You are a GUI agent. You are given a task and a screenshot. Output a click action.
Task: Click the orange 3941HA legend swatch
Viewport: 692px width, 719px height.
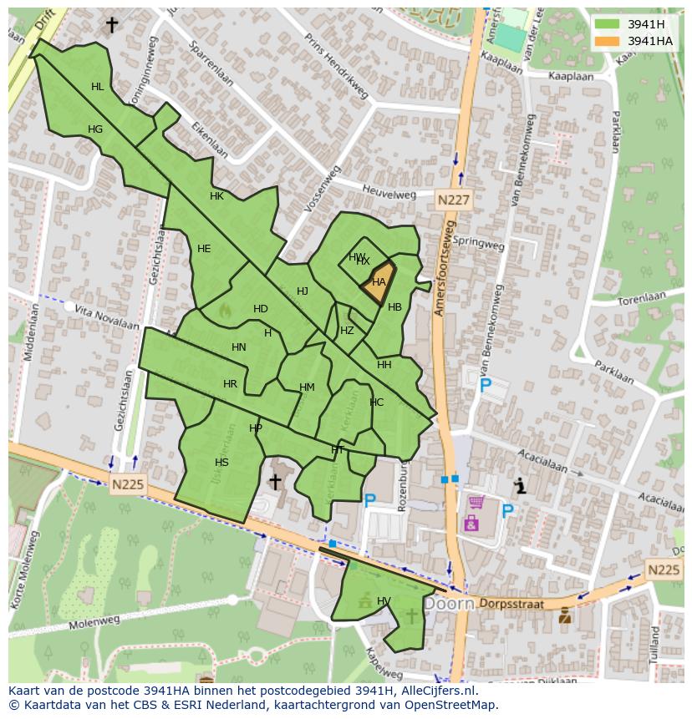608,41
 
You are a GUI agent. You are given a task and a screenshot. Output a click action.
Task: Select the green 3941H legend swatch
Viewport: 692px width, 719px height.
608,23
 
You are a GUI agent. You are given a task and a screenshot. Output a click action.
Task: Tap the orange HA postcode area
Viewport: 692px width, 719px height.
379,282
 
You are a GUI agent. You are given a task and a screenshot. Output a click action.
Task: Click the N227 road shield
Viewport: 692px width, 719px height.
454,200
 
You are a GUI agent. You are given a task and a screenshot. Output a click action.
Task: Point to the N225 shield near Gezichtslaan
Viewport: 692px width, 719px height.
128,483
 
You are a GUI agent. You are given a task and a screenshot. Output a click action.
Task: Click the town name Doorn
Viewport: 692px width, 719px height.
449,603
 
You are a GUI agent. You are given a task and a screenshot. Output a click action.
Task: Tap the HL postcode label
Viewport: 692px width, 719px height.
98,87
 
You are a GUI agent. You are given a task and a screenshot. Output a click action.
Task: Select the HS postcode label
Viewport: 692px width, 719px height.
221,463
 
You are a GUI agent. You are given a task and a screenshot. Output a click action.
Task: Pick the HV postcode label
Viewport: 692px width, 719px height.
384,601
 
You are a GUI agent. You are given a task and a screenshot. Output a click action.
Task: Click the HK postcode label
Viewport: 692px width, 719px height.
216,197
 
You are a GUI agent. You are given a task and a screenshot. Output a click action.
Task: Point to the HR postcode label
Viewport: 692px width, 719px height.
230,384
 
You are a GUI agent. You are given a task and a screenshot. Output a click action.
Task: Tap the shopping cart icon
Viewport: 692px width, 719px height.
476,502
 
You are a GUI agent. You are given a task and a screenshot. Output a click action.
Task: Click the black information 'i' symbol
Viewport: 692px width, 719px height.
521,485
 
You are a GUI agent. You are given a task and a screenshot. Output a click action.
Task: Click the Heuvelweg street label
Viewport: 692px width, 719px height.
389,193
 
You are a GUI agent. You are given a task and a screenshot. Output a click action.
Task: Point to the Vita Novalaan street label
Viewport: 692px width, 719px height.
105,316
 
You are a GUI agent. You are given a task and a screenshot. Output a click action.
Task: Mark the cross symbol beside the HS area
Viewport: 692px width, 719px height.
274,482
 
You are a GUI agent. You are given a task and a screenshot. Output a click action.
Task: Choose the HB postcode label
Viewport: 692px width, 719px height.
394,307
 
